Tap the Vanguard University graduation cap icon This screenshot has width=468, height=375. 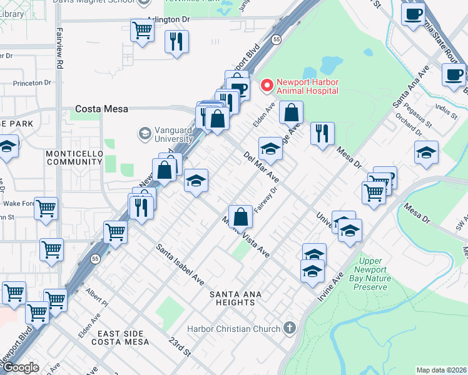click(x=145, y=134)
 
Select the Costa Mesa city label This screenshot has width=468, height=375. click(x=101, y=109)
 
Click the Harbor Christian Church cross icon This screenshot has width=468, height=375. click(x=289, y=327)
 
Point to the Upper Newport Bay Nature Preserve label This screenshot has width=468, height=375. click(x=380, y=274)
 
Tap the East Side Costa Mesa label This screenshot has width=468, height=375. click(x=120, y=337)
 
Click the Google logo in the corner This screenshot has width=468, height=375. click(x=20, y=367)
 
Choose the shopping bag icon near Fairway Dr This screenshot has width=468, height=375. click(x=240, y=217)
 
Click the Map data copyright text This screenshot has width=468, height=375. click(x=442, y=370)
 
